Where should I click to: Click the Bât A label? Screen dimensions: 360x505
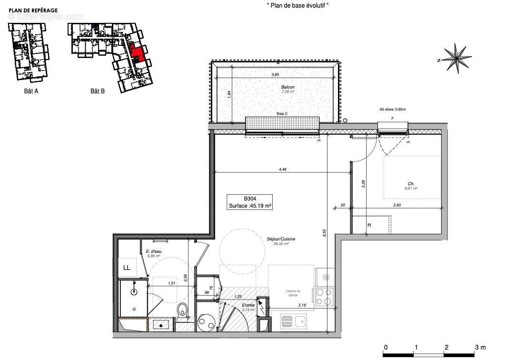[30, 91]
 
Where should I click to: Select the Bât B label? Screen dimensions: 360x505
[98, 91]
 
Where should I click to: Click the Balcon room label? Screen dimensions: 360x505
[287, 87]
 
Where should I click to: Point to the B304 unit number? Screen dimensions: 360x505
[250, 199]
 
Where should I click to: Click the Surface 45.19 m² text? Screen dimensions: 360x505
[250, 206]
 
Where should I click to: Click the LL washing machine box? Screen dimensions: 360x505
[127, 268]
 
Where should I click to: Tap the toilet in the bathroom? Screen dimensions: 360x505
[182, 311]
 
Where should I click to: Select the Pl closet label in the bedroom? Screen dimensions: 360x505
[369, 225]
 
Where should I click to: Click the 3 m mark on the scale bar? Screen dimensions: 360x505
[477, 347]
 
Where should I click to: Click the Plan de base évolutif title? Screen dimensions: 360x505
[297, 5]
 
